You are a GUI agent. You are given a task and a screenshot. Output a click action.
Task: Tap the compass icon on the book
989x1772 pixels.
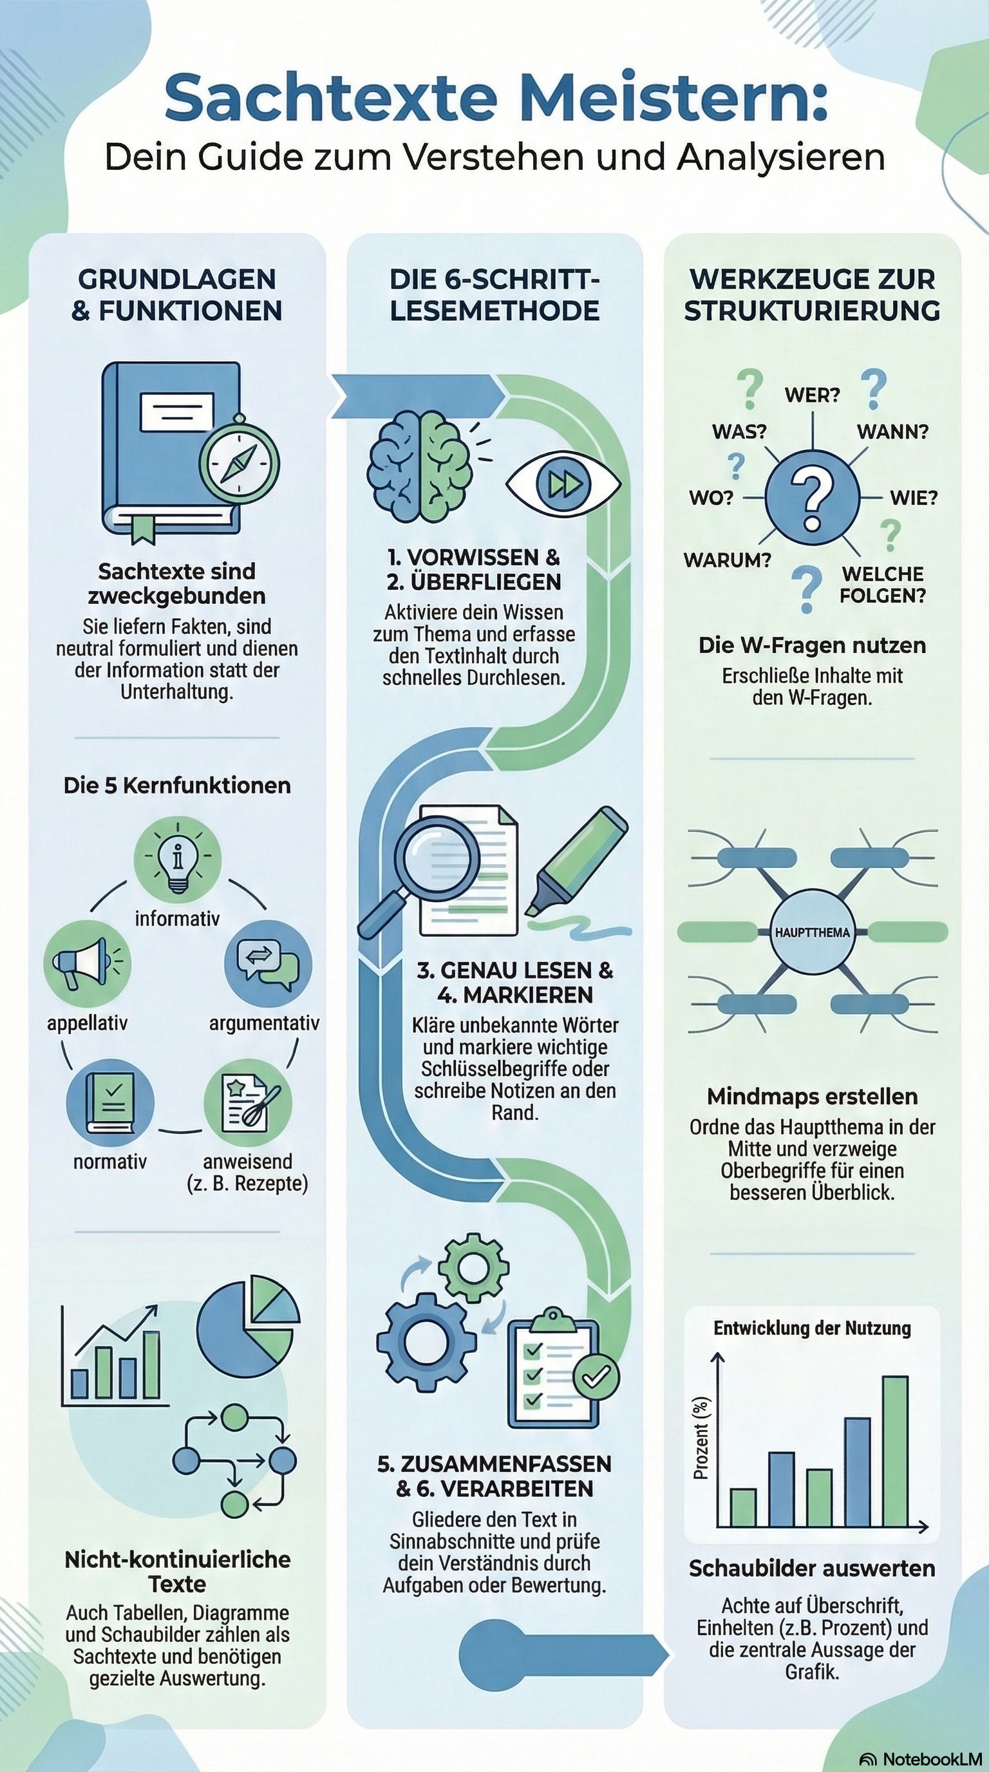tap(240, 462)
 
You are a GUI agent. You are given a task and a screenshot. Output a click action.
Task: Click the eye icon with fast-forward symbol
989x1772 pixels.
tap(563, 484)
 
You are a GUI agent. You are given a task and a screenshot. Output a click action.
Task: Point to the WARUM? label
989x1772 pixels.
tap(727, 560)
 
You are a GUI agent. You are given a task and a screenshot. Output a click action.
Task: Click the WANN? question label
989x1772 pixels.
tap(892, 432)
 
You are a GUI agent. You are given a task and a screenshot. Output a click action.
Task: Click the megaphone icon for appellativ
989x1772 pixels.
tap(87, 963)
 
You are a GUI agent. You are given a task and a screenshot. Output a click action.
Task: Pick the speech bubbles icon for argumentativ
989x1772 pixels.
tap(268, 963)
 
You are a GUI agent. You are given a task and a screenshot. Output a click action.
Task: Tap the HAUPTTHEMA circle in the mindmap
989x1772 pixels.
tap(812, 933)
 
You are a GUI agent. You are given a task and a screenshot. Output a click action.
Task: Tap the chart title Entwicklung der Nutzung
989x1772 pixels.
tap(812, 1328)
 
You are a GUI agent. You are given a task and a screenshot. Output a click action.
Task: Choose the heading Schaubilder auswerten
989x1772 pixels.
tap(812, 1569)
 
